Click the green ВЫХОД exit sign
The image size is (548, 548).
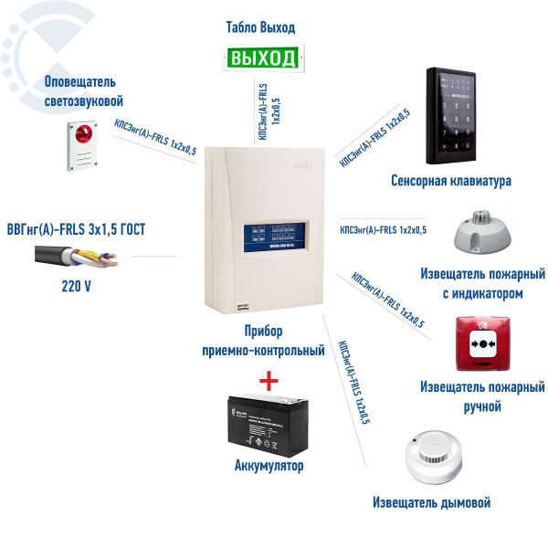(x=262, y=59)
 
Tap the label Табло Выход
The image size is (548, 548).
(x=261, y=26)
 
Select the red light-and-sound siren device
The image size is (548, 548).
(x=79, y=147)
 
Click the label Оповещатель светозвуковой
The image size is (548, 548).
(x=83, y=91)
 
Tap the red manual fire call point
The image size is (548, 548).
(x=481, y=346)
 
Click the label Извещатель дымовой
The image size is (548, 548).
(x=432, y=502)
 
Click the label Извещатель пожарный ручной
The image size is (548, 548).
(x=482, y=395)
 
